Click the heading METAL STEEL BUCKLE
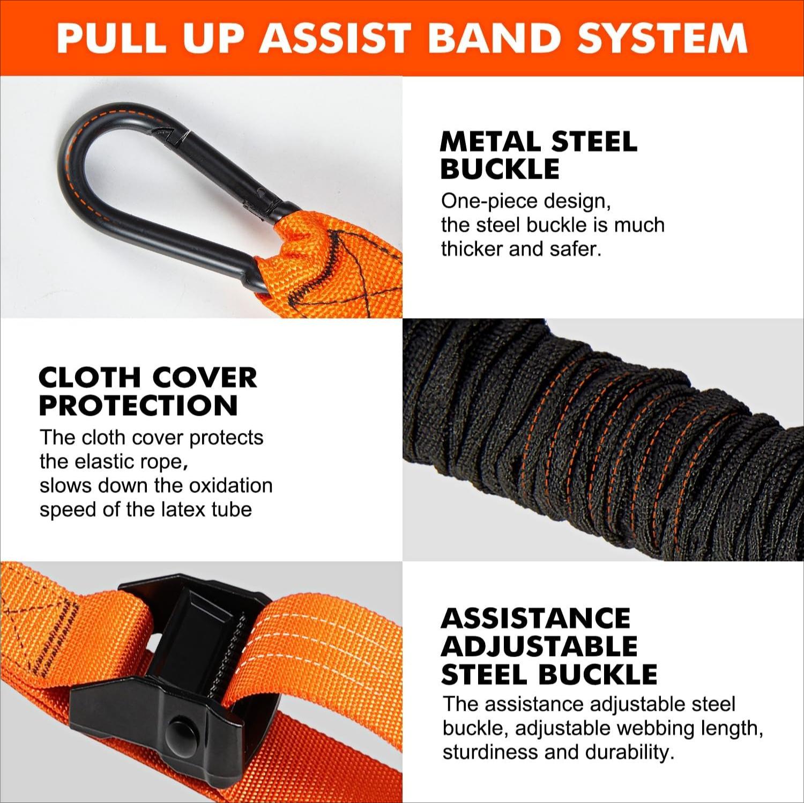[538, 155]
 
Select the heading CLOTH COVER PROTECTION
[147, 391]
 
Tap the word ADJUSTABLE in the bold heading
[539, 646]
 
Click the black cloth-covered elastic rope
[600, 440]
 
